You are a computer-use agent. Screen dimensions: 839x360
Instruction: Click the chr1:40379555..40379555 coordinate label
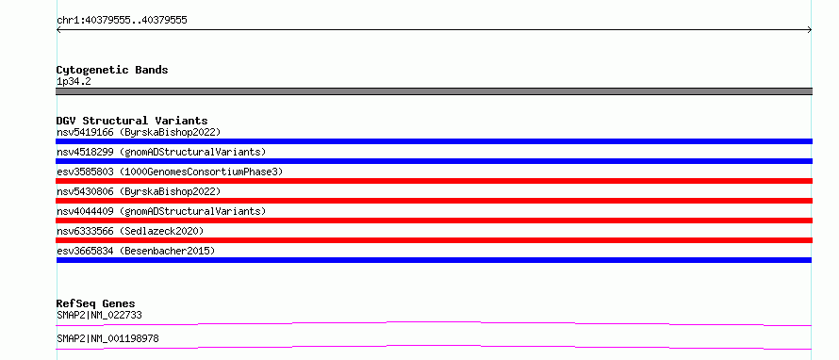pos(122,21)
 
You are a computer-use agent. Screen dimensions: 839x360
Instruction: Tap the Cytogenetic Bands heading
pos(112,70)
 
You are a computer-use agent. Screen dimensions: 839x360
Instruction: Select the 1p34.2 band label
pos(74,82)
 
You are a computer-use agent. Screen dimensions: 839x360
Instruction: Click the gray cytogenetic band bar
pos(434,91)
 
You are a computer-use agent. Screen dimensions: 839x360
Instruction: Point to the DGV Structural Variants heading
pos(132,121)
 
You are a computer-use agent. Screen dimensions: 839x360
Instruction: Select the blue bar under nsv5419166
pos(434,141)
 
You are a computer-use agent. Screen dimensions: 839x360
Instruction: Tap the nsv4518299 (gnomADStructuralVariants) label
pos(161,152)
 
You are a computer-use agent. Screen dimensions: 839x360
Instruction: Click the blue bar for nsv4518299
pos(434,161)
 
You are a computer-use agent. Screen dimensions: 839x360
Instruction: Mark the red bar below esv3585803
pos(434,181)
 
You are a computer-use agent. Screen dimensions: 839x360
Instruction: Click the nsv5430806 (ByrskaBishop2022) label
pos(139,191)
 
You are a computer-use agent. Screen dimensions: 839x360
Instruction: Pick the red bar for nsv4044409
pos(434,221)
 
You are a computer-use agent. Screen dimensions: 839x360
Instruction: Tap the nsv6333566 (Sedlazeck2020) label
pos(130,231)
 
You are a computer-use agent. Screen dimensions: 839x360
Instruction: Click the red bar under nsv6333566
pos(434,240)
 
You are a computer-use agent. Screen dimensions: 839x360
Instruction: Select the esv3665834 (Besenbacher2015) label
pos(136,251)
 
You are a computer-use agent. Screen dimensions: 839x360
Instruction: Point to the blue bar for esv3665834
pos(434,260)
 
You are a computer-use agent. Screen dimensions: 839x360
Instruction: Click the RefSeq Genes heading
pos(96,303)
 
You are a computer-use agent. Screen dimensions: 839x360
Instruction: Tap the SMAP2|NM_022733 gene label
pos(99,315)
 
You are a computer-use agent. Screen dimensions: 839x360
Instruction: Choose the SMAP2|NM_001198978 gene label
pos(107,338)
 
